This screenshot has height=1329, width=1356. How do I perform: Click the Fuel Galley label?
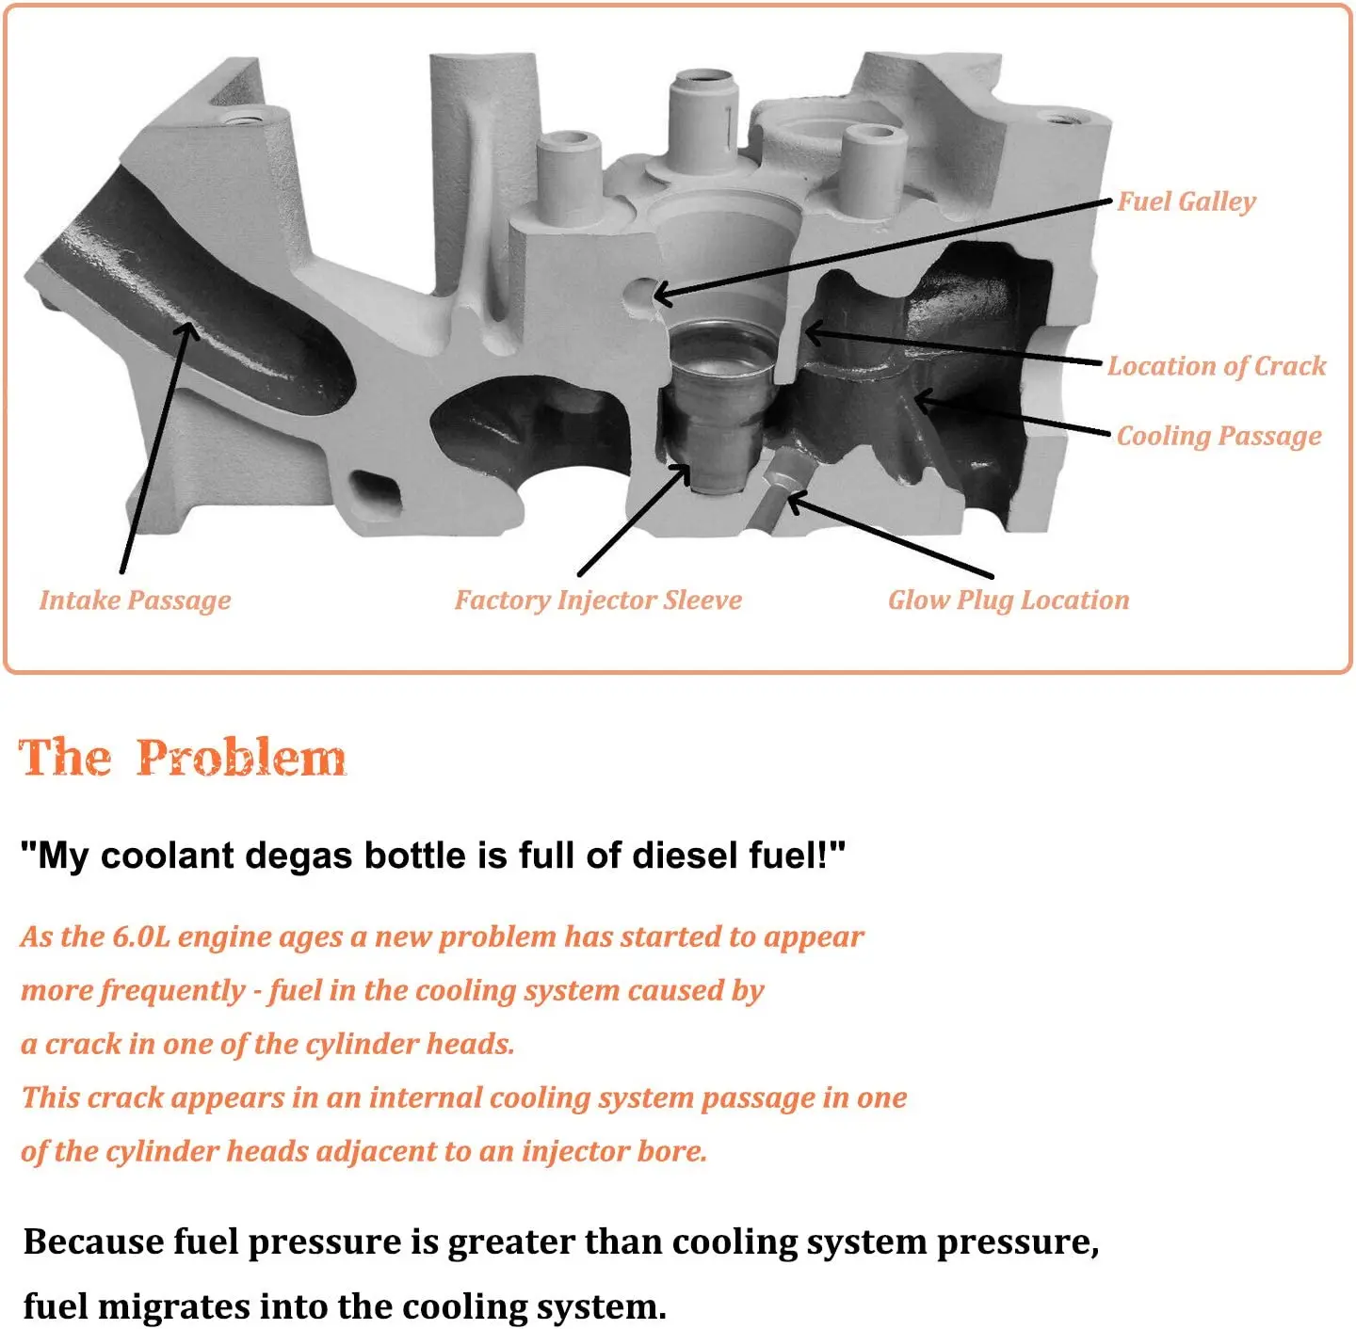(1186, 201)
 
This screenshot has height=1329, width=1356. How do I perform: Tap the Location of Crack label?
(1216, 366)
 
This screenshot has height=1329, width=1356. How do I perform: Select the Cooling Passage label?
(1219, 436)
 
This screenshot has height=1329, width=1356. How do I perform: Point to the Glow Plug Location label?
(1008, 600)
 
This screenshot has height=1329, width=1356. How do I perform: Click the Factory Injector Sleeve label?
(598, 600)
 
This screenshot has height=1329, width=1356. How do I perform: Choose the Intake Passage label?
(135, 600)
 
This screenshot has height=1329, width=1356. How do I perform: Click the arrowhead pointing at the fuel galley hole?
(662, 295)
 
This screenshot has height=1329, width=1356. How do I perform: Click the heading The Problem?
(183, 758)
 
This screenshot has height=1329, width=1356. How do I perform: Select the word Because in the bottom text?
(93, 1241)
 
